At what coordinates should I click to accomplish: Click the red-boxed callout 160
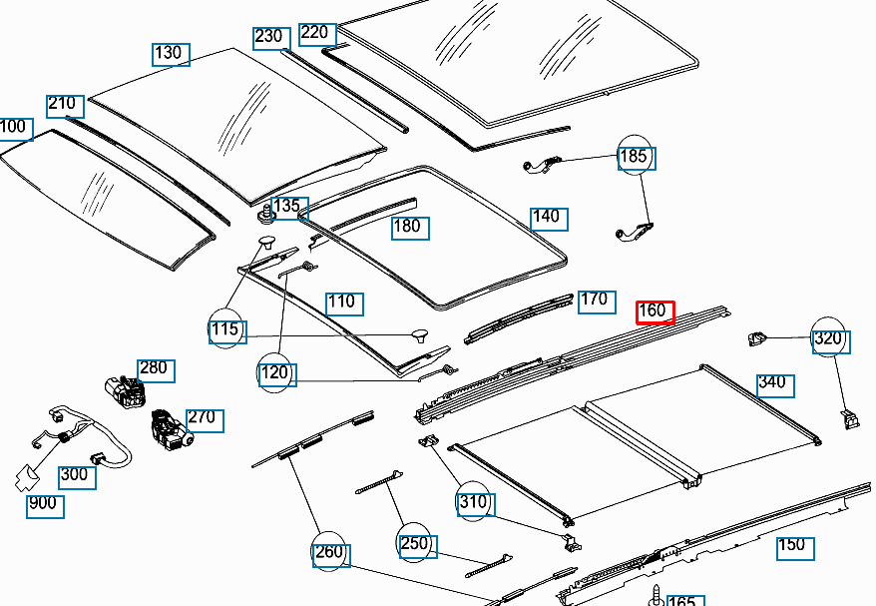[656, 311]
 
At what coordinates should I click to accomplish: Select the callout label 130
[171, 53]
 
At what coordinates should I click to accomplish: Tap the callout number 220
[315, 32]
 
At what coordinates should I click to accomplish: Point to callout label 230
[268, 37]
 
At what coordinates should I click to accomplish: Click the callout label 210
[63, 104]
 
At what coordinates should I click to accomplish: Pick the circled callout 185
[635, 156]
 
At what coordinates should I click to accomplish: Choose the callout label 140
[548, 217]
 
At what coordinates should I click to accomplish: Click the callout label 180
[408, 227]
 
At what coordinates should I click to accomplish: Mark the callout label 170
[595, 300]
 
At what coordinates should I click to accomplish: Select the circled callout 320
[829, 338]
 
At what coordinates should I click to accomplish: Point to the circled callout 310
[474, 501]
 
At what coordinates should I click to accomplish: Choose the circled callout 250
[414, 544]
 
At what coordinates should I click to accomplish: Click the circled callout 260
[330, 552]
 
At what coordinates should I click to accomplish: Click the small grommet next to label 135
[264, 213]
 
